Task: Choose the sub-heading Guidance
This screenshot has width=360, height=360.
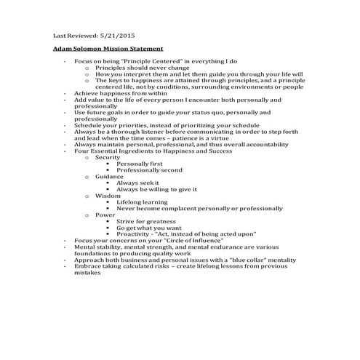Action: tap(109, 176)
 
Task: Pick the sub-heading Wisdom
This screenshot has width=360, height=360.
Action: tap(108, 196)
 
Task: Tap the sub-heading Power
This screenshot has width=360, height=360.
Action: tap(105, 215)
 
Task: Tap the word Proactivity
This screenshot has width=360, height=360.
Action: tap(136, 234)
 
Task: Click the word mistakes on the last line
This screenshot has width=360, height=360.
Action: tap(88, 273)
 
